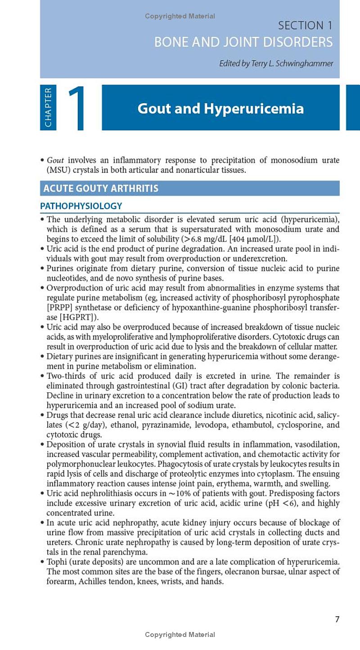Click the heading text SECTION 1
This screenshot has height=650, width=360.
pos(305,26)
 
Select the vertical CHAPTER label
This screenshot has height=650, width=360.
pos(48,107)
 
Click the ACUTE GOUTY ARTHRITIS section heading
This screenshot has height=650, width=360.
pos(101,188)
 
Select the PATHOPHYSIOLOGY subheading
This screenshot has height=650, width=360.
pos(81,206)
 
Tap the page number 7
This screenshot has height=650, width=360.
pos(337,619)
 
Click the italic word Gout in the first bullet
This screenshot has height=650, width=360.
pos(55,161)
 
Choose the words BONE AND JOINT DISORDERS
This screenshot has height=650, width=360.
pos(243,42)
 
